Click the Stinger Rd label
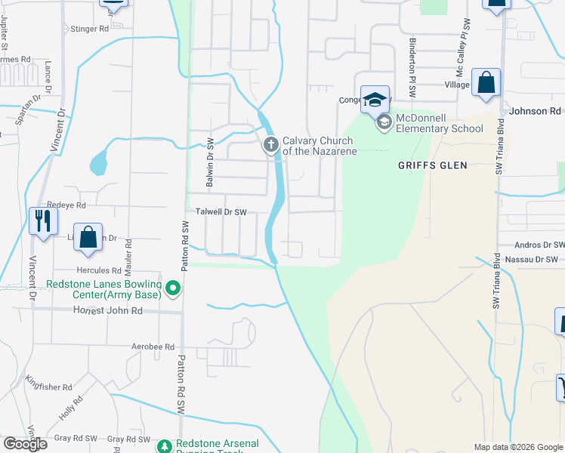click(x=91, y=29)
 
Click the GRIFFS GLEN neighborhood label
click(x=433, y=165)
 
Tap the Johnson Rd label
click(x=536, y=111)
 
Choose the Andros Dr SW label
click(x=539, y=245)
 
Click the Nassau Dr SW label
click(x=538, y=259)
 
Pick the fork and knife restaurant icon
click(x=42, y=221)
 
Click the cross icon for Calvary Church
click(x=271, y=144)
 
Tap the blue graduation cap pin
click(x=375, y=99)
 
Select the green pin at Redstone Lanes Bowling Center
click(x=173, y=288)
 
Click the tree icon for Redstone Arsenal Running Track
click(x=165, y=445)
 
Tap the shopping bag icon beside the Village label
click(x=486, y=83)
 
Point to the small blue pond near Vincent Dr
click(x=98, y=162)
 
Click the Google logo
click(x=25, y=444)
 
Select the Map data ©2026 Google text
click(x=517, y=447)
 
